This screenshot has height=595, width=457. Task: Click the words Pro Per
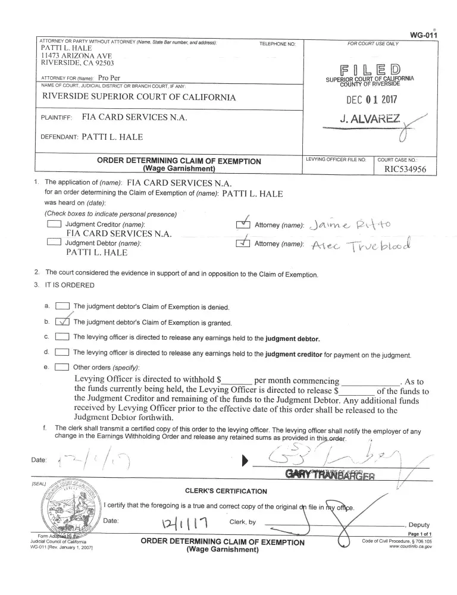click(x=109, y=78)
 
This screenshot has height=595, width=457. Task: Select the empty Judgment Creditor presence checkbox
click(x=54, y=224)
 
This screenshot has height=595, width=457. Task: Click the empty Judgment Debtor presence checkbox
click(x=54, y=243)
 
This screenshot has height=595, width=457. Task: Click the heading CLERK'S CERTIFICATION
click(x=226, y=491)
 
